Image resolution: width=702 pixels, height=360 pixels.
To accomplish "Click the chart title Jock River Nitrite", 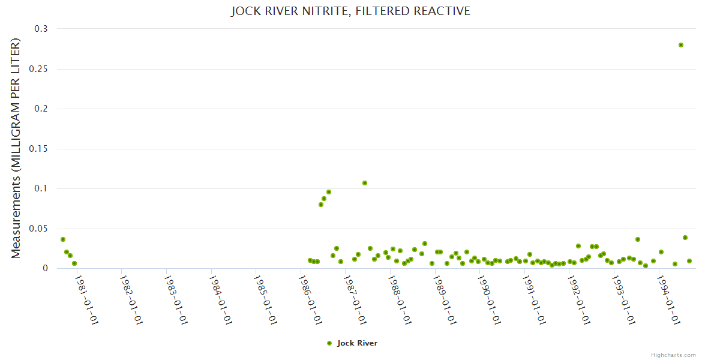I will tap(350, 11).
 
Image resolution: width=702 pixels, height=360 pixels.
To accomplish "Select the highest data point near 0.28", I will tap(681, 45).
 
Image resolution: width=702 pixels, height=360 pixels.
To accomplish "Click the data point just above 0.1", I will tap(365, 183).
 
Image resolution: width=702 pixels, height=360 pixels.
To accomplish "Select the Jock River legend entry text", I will tap(357, 343).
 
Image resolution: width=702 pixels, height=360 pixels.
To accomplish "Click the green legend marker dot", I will tap(329, 343).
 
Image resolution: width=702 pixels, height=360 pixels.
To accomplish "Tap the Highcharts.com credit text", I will tap(673, 355).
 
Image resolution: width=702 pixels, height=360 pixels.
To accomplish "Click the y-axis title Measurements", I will tap(16, 149).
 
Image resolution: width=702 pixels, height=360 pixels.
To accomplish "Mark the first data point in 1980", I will tap(63, 239).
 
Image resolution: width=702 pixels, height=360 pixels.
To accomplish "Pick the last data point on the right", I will tap(689, 261).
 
